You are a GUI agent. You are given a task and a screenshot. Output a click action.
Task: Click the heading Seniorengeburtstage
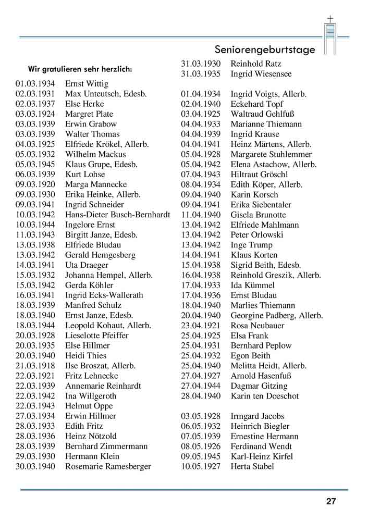point(265,50)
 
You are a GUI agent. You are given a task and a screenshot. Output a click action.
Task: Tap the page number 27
point(331,502)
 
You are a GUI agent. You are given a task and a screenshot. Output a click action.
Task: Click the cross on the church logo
point(329,20)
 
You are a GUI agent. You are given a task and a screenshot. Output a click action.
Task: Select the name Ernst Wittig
point(87,84)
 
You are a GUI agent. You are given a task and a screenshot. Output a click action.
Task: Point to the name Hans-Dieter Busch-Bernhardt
point(117,215)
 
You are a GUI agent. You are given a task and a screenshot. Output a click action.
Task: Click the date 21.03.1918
point(35,366)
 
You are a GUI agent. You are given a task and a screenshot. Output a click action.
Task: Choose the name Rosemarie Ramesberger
point(108,466)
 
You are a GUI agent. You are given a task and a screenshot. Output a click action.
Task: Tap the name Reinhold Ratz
point(256,64)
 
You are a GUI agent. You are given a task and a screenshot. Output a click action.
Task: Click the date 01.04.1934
point(201,94)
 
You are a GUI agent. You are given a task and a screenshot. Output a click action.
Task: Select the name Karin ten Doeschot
point(265,396)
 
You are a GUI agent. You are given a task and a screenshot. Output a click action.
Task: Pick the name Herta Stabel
point(252,466)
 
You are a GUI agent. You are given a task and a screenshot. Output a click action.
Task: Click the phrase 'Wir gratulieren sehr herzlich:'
point(80,69)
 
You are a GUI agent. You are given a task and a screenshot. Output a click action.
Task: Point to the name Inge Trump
point(251,245)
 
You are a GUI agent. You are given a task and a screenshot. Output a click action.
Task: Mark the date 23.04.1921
point(201,326)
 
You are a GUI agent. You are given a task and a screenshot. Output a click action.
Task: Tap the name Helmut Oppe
point(89,406)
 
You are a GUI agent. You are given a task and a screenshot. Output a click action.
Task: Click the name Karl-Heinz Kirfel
point(262,456)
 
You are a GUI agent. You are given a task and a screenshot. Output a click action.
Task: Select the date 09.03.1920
point(35,184)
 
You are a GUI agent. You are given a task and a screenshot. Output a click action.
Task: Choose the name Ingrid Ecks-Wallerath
point(104,295)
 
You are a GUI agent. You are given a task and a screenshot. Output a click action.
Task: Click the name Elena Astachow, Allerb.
point(274,164)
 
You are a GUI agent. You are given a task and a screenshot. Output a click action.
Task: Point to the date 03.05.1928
point(201,416)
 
